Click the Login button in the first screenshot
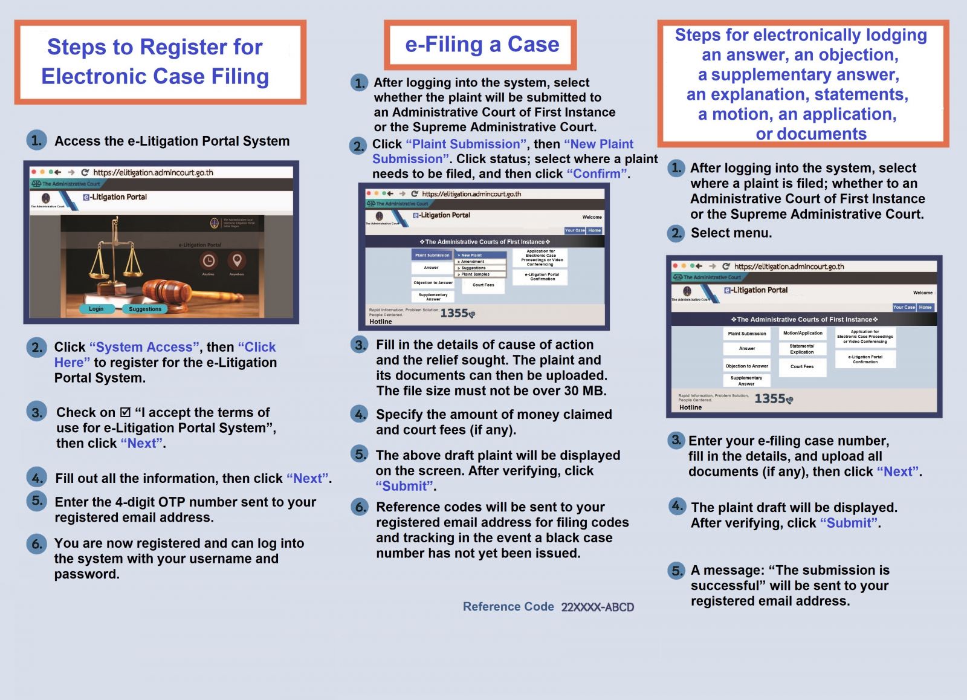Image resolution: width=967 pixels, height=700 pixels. coord(96,309)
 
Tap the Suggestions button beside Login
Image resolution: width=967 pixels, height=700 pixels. coord(145,309)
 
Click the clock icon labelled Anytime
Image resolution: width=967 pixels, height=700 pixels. coord(209,261)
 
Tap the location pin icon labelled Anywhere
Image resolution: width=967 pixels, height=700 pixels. coord(237,261)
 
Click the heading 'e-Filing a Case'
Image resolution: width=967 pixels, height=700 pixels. coord(482,45)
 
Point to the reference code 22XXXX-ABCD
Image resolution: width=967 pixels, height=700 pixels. coord(597,607)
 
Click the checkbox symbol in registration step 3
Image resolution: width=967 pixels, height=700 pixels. coord(125,412)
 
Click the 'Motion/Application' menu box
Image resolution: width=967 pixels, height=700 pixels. coord(803,333)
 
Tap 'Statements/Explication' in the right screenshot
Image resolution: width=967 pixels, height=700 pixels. coord(802,349)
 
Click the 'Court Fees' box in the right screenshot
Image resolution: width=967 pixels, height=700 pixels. coord(802,366)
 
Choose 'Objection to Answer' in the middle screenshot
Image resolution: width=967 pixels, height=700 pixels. coord(433,282)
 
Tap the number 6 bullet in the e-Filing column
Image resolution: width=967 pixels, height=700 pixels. coord(360,507)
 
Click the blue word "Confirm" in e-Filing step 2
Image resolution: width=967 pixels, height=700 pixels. coord(598,174)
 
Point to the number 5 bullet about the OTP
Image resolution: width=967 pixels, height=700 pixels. coord(37,501)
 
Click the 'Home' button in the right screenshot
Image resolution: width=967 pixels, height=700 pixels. coord(925,307)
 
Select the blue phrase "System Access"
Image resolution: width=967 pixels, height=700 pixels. coord(144,347)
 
